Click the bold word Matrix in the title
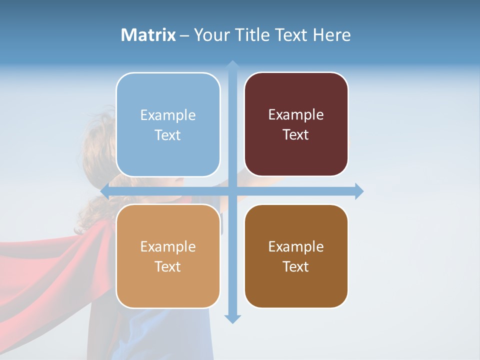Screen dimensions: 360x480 tap(148, 35)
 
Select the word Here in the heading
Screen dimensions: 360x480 tap(331, 35)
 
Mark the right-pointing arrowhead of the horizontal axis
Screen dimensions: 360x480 tap(359, 191)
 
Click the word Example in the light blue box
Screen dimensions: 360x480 tap(168, 115)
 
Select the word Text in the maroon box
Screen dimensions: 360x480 tap(296, 135)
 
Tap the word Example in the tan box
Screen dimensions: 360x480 tap(168, 247)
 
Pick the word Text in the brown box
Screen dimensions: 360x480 tap(296, 266)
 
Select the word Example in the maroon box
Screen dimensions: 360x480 tap(296, 115)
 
